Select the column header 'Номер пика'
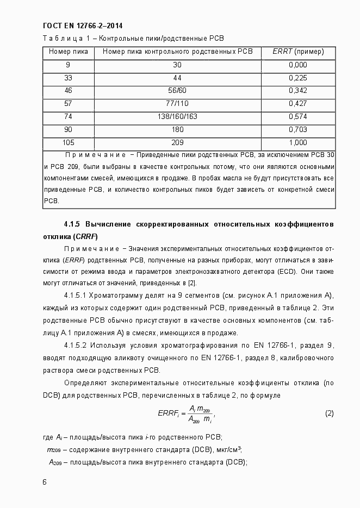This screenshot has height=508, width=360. [68, 52]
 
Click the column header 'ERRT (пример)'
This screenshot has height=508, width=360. [297, 52]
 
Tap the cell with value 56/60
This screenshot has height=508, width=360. [177, 91]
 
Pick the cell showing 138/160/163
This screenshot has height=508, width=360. [177, 117]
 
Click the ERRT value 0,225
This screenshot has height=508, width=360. [297, 78]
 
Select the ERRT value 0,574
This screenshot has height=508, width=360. [297, 117]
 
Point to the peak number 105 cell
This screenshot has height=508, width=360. [68, 143]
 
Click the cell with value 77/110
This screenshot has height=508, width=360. [177, 104]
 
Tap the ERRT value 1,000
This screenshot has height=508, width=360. [297, 143]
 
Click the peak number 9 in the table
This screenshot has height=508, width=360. [68, 65]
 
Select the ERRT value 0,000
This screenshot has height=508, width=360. [297, 65]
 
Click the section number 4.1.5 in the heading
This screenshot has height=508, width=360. [72, 224]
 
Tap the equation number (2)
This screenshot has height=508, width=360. [329, 413]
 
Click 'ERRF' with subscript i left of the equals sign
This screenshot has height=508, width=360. [168, 414]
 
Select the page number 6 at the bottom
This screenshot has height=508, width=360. [45, 482]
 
